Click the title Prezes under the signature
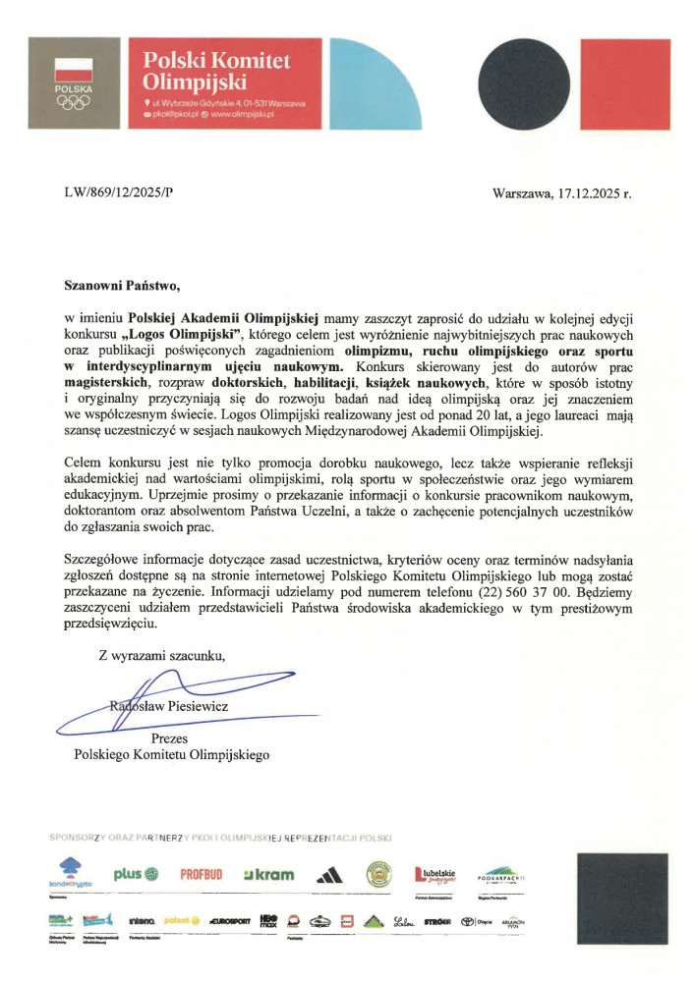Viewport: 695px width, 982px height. [169, 738]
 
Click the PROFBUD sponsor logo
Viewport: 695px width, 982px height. [203, 875]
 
